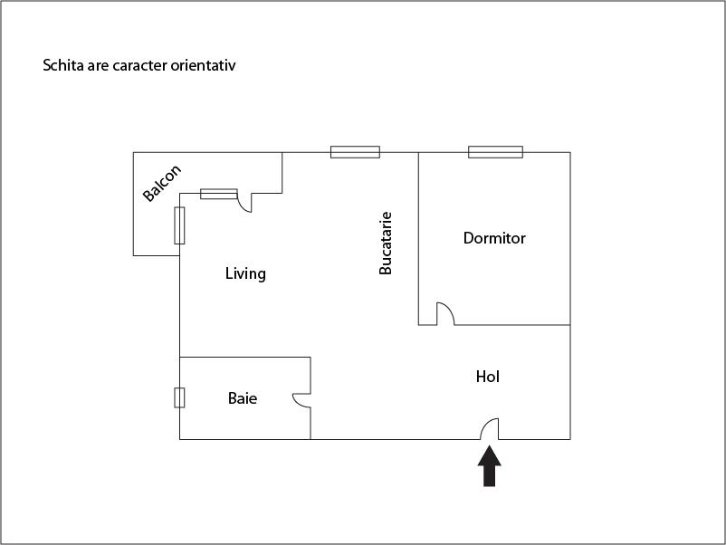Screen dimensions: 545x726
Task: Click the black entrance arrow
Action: point(489,467)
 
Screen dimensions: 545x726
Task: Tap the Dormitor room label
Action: point(494,239)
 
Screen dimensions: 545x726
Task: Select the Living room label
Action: point(245,273)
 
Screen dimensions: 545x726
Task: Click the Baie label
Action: point(242,397)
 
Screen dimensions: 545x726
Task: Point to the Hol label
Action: point(488,377)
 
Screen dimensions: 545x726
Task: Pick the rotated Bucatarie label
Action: point(386,244)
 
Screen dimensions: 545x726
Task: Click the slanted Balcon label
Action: point(163,184)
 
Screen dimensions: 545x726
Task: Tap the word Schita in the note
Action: point(63,66)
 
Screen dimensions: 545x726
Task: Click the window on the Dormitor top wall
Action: point(495,152)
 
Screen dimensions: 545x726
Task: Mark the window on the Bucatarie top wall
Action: point(355,152)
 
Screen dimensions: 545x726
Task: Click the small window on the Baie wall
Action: point(179,397)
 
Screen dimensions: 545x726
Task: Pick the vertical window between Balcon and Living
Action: point(179,225)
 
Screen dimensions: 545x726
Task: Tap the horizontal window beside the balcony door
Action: point(218,194)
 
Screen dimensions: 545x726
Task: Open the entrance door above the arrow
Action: point(489,428)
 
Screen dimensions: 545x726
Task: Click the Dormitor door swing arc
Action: point(445,313)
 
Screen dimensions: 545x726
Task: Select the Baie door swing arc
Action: point(301,399)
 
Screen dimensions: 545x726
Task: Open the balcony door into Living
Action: point(244,204)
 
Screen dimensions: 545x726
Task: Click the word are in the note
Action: point(98,66)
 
